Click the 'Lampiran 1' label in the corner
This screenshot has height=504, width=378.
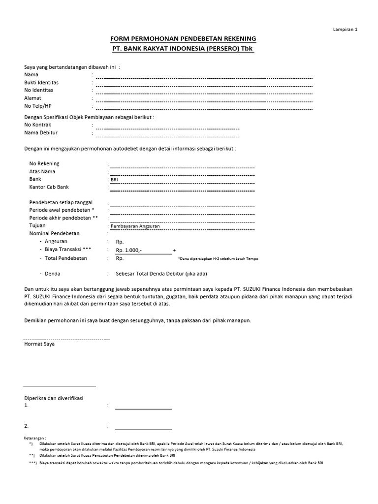345,30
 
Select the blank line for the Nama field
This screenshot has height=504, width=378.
204,77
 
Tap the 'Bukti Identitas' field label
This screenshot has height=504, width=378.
41,83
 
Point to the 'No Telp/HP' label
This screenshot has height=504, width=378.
38,106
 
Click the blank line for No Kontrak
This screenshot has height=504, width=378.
167,128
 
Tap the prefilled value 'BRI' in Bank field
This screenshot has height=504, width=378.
115,180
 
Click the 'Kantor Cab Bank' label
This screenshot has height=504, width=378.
49,188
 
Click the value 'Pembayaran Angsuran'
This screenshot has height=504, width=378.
132,226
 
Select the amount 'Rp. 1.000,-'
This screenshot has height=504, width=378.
129,251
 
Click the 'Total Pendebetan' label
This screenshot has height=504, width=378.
66,258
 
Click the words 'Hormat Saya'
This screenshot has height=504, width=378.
39,345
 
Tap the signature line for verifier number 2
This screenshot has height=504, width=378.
143,429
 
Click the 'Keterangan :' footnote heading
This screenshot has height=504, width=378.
35,438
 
